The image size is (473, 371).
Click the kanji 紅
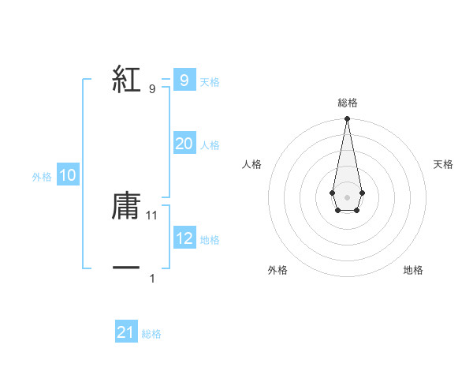(126, 81)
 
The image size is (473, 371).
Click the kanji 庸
(126, 206)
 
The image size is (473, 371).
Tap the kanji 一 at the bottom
(126, 268)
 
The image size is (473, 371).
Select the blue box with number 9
(184, 81)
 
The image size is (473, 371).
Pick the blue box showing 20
(184, 144)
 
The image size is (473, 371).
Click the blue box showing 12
(184, 238)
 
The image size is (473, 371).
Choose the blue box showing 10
(67, 176)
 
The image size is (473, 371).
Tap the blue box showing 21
(126, 332)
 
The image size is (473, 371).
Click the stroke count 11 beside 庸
(153, 215)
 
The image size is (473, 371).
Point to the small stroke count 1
(152, 278)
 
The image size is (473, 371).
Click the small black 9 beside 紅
(152, 88)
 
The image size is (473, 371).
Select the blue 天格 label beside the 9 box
(210, 82)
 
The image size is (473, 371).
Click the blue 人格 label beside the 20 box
(210, 145)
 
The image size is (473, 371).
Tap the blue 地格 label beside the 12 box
(210, 240)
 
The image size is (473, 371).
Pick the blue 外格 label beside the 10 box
(42, 178)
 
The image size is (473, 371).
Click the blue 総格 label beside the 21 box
(151, 334)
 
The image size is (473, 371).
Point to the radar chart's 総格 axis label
(347, 103)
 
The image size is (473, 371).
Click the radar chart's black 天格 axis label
(443, 164)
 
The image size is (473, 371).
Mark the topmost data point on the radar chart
(347, 119)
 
